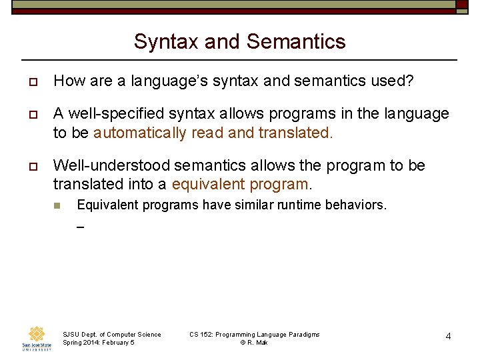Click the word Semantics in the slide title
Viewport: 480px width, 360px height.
tap(296, 41)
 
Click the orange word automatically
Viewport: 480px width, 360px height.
tap(140, 133)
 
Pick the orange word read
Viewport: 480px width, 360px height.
tap(207, 133)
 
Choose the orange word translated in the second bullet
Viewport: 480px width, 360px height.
tap(294, 133)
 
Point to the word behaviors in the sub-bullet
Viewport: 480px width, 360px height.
tap(355, 205)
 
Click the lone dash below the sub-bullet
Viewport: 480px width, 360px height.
tap(80, 227)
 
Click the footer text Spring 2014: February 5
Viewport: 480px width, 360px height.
tap(98, 343)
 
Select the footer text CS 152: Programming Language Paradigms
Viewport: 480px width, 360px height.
tap(254, 334)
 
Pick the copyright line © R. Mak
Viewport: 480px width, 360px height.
tap(254, 343)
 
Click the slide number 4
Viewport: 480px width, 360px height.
tap(448, 336)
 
